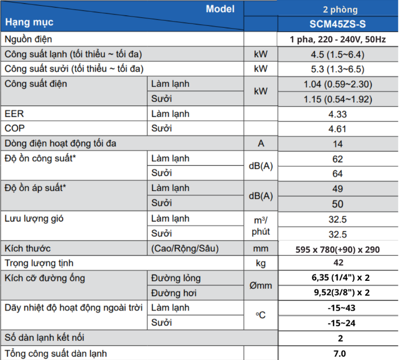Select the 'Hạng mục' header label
(x=29, y=22)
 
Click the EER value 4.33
(x=338, y=114)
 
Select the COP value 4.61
(x=338, y=129)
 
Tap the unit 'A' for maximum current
(x=261, y=144)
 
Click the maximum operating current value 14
(x=338, y=144)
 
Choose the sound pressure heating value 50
(x=338, y=204)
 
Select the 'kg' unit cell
(x=261, y=263)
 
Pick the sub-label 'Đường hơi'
(x=174, y=293)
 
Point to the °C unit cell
(x=261, y=315)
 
